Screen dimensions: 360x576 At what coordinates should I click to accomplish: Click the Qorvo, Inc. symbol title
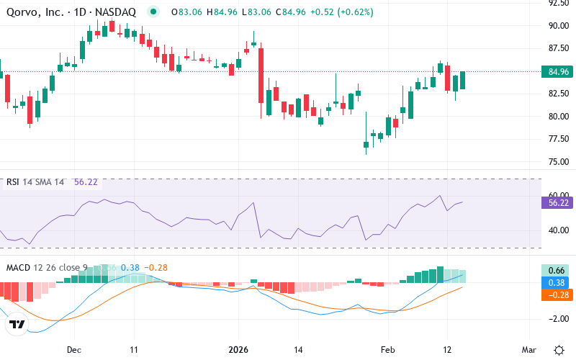[72, 12]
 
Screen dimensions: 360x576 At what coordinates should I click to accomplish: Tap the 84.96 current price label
[559, 72]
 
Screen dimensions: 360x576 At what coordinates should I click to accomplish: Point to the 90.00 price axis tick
[559, 26]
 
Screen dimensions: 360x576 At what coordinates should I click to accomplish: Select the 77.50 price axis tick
[559, 139]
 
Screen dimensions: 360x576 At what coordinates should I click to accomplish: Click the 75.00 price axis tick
[559, 161]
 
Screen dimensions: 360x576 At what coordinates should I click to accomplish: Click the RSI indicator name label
[13, 182]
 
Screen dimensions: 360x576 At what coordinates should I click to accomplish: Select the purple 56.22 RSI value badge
[559, 204]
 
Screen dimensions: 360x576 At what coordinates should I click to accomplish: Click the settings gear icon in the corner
[559, 348]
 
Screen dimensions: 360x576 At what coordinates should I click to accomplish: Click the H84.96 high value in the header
[222, 12]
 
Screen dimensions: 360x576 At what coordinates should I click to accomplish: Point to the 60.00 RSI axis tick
[559, 195]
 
